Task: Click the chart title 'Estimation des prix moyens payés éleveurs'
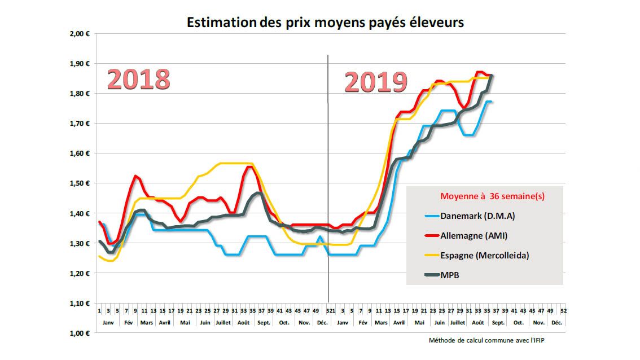325,23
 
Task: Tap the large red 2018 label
139,80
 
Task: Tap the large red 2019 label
376,82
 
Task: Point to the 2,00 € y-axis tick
80,33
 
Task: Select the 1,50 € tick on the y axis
80,183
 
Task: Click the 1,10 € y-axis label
80,304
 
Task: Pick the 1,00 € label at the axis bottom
80,333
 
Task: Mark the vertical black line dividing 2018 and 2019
328,169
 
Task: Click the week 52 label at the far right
563,311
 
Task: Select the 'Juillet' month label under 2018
222,322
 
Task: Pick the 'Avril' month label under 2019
399,322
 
